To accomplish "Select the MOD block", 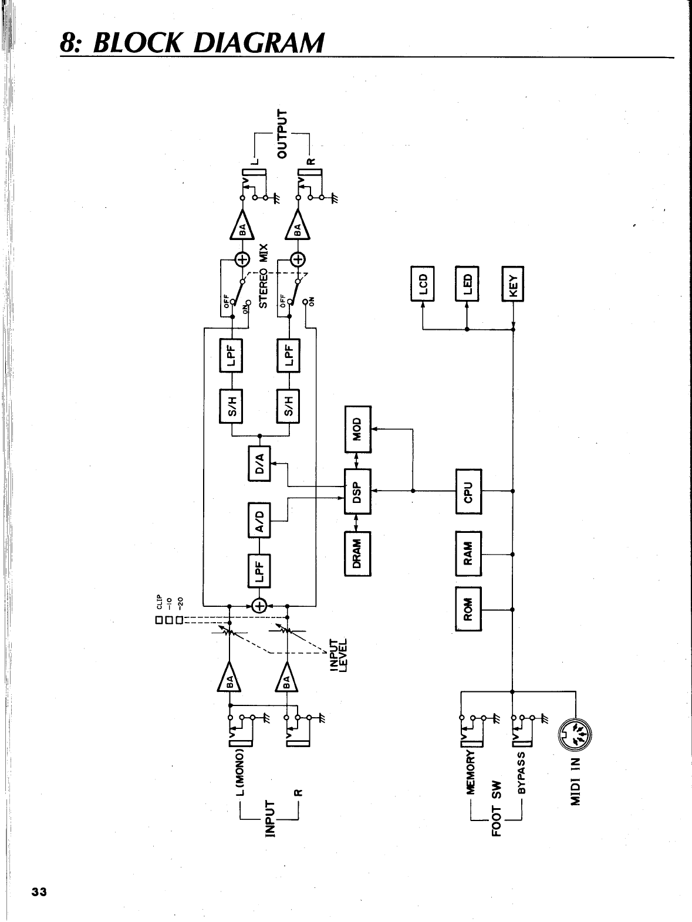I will (x=357, y=429).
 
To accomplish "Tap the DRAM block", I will (x=357, y=553).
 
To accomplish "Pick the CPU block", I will (x=468, y=491).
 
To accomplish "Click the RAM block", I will (x=468, y=553).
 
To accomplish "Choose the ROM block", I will (x=468, y=609).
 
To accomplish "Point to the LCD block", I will (x=423, y=283).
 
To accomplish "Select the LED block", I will (x=468, y=283).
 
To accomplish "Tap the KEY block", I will (x=513, y=283).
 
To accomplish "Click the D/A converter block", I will (x=260, y=463).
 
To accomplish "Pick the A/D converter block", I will (x=260, y=520).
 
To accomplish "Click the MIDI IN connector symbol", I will (x=576, y=734).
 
